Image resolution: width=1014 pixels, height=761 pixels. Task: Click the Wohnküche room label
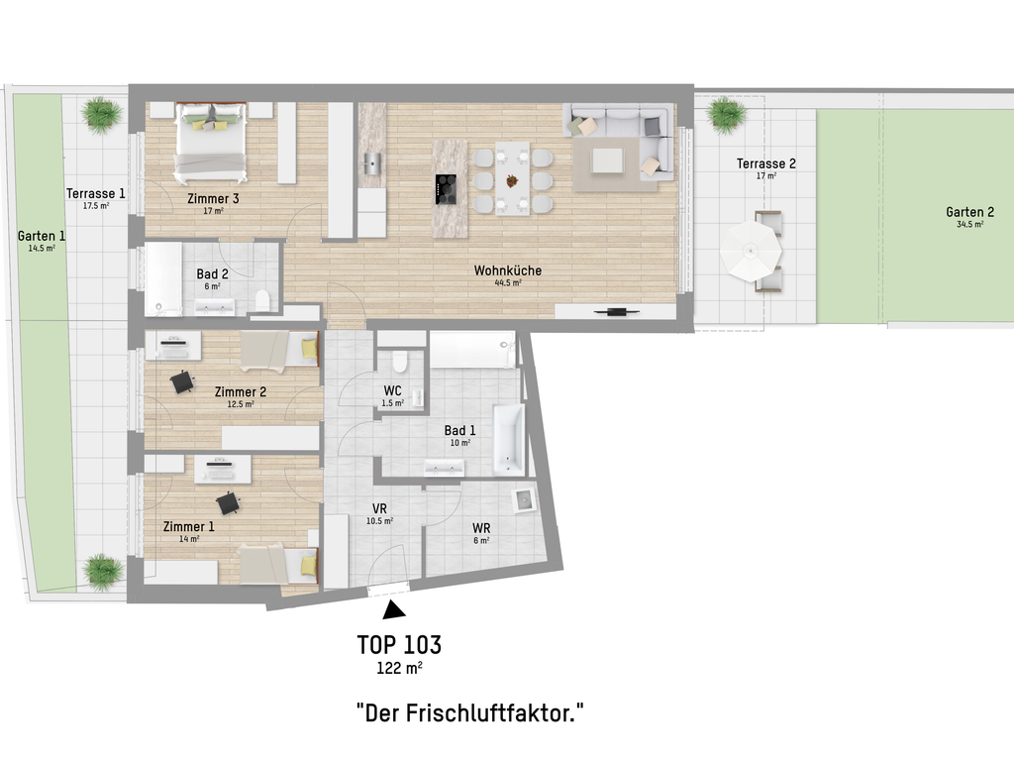(x=508, y=271)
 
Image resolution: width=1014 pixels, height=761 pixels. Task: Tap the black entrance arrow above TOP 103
(x=394, y=609)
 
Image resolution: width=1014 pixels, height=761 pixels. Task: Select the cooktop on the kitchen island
(x=446, y=189)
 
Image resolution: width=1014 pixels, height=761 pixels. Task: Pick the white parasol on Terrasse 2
(x=751, y=251)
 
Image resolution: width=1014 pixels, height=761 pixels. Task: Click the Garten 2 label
(x=969, y=212)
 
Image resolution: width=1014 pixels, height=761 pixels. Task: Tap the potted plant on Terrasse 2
(x=726, y=115)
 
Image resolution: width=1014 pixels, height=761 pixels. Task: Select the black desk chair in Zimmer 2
(x=182, y=381)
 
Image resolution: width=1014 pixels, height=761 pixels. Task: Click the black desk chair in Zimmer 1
(x=229, y=503)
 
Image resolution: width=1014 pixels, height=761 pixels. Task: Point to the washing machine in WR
(x=524, y=499)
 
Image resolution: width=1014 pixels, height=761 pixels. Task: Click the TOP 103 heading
(x=399, y=644)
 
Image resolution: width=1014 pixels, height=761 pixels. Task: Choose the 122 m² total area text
(x=399, y=668)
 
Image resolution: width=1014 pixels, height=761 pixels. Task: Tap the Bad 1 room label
(x=459, y=430)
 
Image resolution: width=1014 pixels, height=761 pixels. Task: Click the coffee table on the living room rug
(x=608, y=161)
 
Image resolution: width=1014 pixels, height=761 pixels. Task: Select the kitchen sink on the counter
(x=372, y=163)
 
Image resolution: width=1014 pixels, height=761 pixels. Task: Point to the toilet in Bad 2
(x=262, y=301)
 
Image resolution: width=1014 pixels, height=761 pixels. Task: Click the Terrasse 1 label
(x=96, y=193)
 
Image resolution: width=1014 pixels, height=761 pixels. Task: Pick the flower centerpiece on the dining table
(x=512, y=180)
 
